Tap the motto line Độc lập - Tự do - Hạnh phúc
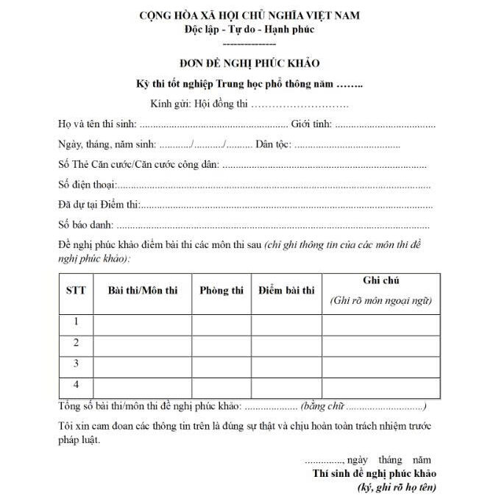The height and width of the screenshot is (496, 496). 249,29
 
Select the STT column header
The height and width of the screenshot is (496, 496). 76,290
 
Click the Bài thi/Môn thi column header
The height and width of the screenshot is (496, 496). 143,290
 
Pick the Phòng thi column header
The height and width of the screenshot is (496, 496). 222,290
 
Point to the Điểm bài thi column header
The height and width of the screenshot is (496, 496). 286,290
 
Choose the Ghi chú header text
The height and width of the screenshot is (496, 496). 381,280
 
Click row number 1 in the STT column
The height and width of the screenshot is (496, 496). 76,322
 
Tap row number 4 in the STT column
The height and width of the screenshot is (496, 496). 76,384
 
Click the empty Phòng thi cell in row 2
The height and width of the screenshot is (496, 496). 222,343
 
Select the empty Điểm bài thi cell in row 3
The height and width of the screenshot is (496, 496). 286,364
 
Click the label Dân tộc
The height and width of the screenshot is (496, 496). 272,144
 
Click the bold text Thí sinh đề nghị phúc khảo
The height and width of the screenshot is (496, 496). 375,472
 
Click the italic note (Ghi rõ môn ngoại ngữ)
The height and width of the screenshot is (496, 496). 381,300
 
